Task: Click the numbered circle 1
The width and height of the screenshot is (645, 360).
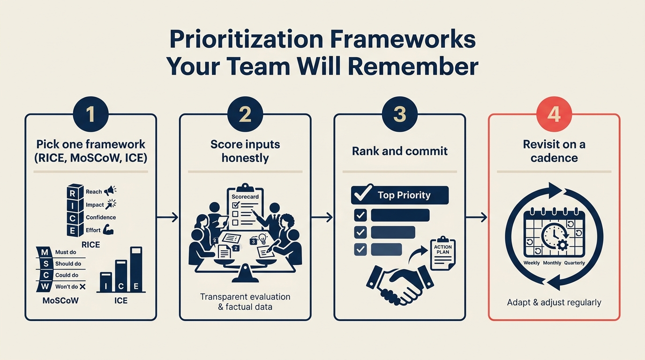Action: [90, 114]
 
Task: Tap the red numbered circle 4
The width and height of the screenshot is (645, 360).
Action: [554, 114]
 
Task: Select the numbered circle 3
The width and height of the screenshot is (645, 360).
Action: [399, 114]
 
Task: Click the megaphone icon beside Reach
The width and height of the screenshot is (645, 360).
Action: [110, 191]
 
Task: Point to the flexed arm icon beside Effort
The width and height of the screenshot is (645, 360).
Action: [108, 230]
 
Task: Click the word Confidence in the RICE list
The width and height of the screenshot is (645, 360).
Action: [101, 217]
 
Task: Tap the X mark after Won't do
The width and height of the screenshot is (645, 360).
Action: [82, 286]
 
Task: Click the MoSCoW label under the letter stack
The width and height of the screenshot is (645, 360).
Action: [60, 300]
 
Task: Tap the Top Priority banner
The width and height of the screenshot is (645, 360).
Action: [399, 195]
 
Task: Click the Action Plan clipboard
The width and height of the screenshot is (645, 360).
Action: [442, 253]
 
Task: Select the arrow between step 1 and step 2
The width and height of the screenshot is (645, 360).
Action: [168, 217]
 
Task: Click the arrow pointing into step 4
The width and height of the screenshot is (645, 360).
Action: [477, 217]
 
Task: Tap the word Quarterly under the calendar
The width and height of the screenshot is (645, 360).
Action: [575, 263]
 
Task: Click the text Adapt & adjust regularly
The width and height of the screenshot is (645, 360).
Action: [554, 302]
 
